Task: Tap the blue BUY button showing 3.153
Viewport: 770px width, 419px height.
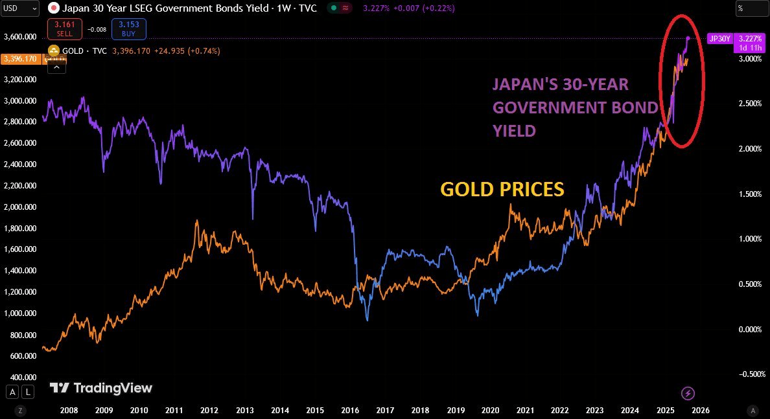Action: click(x=129, y=29)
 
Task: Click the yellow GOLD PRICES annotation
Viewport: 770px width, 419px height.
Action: click(x=502, y=190)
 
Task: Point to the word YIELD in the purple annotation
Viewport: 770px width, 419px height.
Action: click(x=514, y=131)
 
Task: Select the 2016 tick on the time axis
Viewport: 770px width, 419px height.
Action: click(x=349, y=410)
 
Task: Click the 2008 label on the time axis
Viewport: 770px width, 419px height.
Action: click(x=69, y=410)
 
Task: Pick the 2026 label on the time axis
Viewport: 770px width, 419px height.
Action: click(x=700, y=410)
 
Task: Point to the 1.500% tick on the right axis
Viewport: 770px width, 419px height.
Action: click(x=744, y=194)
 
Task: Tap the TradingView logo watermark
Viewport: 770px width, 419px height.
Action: click(x=101, y=388)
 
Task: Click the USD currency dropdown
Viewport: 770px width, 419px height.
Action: click(x=20, y=8)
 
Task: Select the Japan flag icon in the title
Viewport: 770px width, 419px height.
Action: click(x=54, y=8)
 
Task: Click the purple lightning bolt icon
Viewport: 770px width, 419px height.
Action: click(x=688, y=393)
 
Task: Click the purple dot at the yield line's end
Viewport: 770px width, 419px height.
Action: click(x=688, y=38)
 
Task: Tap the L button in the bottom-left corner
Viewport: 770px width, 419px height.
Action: click(x=28, y=391)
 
